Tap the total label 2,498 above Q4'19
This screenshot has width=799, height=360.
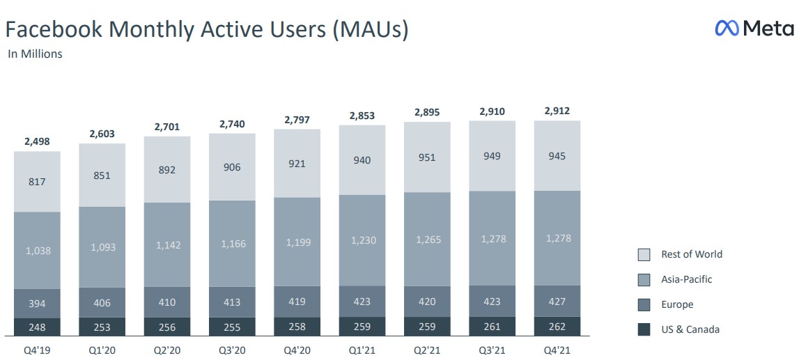pyautogui.click(x=37, y=141)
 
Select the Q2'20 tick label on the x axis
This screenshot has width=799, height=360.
pyautogui.click(x=167, y=349)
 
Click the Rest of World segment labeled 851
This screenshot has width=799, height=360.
pyautogui.click(x=102, y=175)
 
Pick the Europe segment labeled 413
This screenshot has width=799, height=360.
pyautogui.click(x=232, y=302)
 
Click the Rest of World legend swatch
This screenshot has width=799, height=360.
pyautogui.click(x=644, y=255)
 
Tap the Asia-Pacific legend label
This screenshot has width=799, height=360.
pyautogui.click(x=686, y=279)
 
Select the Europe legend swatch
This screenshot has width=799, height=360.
pyautogui.click(x=644, y=304)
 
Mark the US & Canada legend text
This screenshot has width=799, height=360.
pyautogui.click(x=690, y=329)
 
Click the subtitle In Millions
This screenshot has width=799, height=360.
pyautogui.click(x=35, y=54)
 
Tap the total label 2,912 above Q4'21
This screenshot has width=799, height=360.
pyautogui.click(x=557, y=111)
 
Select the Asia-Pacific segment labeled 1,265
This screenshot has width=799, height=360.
pyautogui.click(x=427, y=240)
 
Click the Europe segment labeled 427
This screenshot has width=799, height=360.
pyautogui.click(x=557, y=302)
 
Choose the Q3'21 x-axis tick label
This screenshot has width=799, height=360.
pyautogui.click(x=492, y=349)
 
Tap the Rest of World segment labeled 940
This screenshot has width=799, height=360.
pyautogui.click(x=362, y=161)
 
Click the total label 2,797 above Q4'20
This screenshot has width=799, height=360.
pyautogui.click(x=297, y=120)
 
